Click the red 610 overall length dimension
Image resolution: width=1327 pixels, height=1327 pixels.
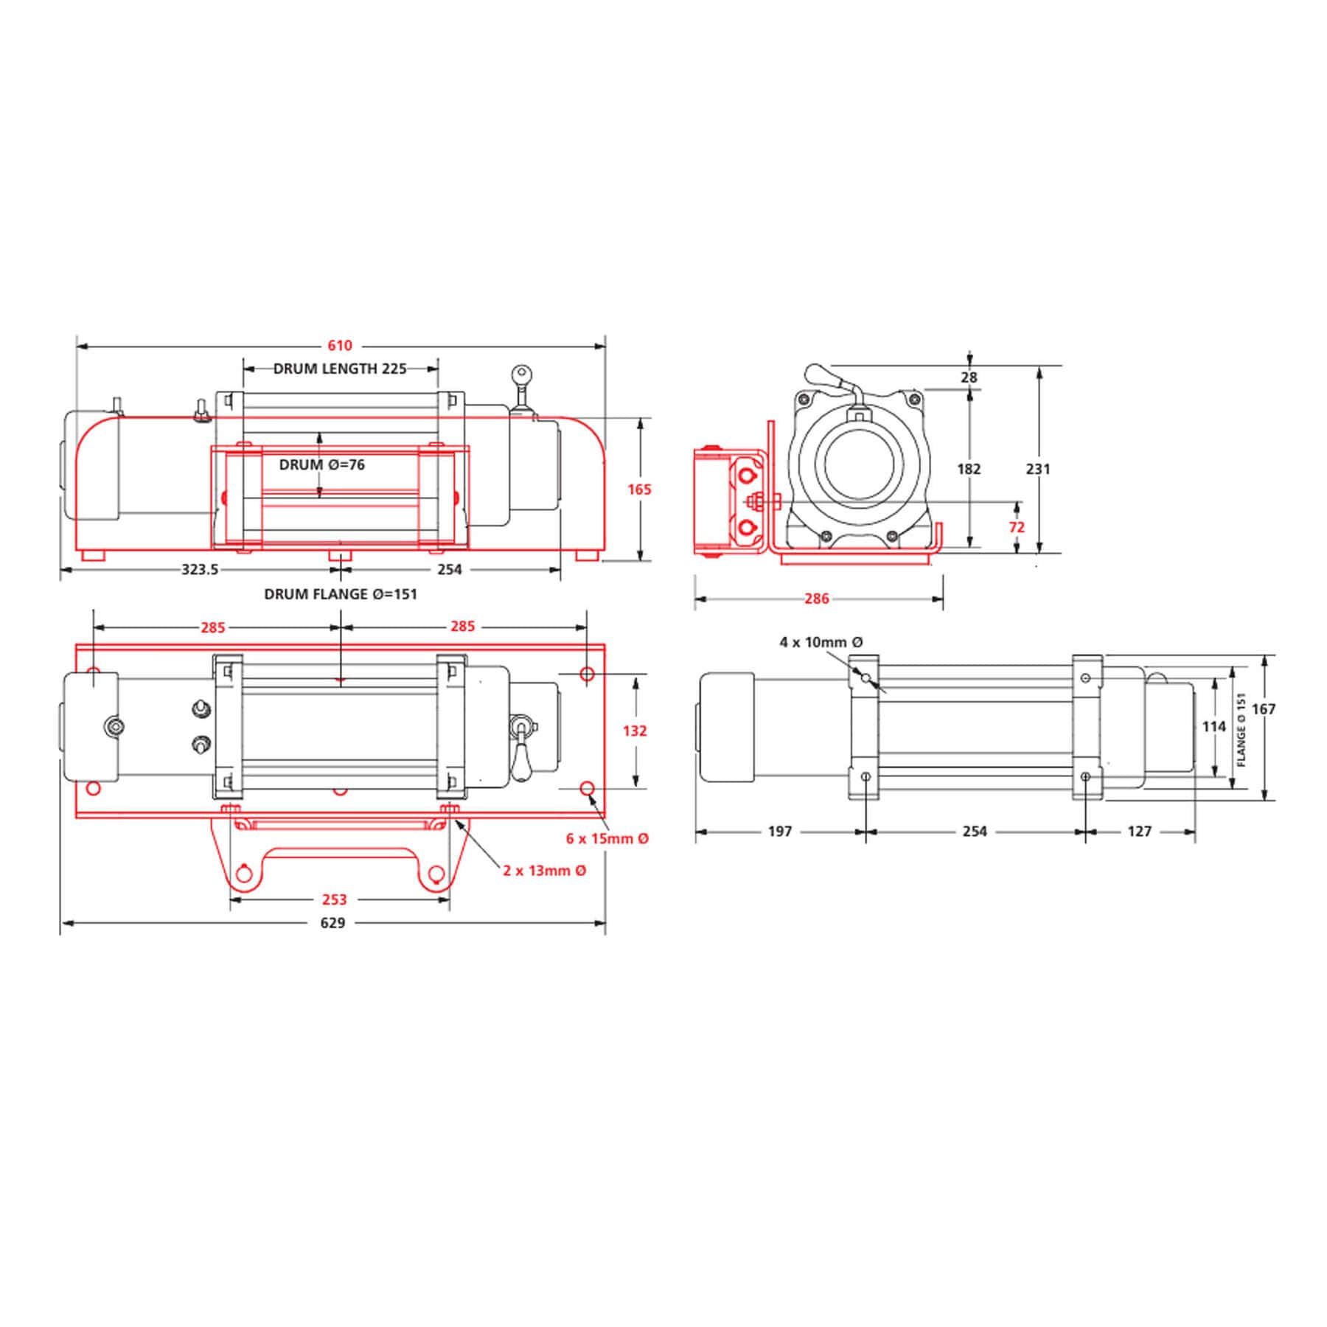coord(340,345)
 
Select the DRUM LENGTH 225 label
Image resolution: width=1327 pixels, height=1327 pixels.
coord(340,369)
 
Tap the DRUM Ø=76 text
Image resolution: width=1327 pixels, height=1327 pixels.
coord(322,465)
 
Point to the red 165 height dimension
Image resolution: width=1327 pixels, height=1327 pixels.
coord(640,489)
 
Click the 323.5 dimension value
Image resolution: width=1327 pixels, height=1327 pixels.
coord(200,570)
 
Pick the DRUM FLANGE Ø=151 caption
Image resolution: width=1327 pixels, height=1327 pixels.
coord(341,594)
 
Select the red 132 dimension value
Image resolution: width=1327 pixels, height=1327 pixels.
coord(635,731)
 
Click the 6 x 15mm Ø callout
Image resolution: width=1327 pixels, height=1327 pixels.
coord(607,839)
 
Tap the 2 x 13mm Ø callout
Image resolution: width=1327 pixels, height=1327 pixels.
coord(545,871)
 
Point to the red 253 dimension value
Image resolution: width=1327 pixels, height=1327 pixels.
coord(334,899)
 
